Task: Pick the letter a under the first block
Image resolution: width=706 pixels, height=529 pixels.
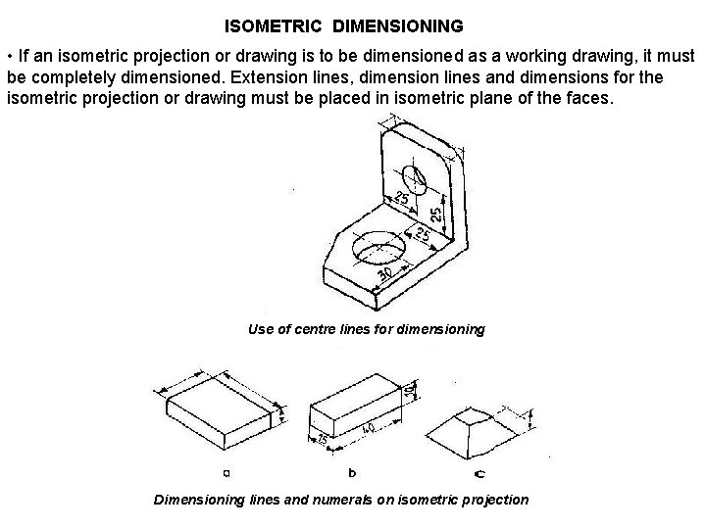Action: point(227,471)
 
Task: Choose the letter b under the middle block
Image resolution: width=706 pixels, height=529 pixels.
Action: point(352,471)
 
